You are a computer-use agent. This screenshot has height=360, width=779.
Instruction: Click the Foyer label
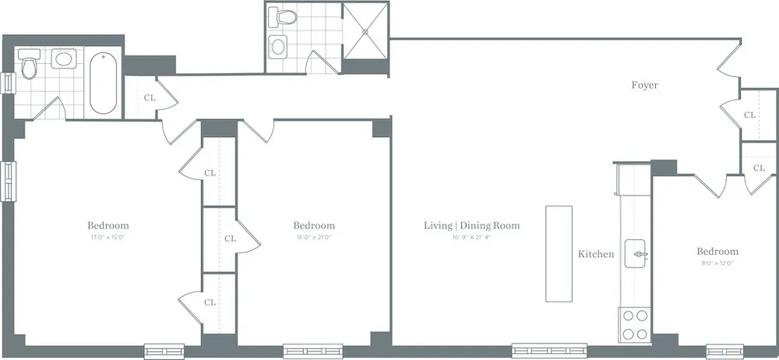pyautogui.click(x=644, y=86)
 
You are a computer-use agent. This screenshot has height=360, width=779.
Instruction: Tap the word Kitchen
pyautogui.click(x=596, y=254)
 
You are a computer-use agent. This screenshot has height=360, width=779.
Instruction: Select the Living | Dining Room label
pyautogui.click(x=471, y=226)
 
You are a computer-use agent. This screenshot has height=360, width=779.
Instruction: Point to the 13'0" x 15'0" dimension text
pyautogui.click(x=108, y=237)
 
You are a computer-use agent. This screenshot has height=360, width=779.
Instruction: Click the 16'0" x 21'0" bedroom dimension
pyautogui.click(x=315, y=237)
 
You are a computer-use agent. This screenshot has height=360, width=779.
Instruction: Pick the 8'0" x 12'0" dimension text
pyautogui.click(x=717, y=263)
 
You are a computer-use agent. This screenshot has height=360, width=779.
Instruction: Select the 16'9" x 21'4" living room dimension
pyautogui.click(x=471, y=237)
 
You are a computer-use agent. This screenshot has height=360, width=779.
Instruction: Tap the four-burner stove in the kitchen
pyautogui.click(x=635, y=324)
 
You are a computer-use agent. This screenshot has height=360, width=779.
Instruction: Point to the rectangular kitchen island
pyautogui.click(x=558, y=254)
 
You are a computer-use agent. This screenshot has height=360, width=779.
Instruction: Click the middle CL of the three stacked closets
pyautogui.click(x=230, y=238)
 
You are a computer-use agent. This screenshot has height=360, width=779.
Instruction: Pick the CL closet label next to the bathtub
pyautogui.click(x=150, y=98)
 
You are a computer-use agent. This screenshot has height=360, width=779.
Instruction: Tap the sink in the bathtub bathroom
pyautogui.click(x=62, y=58)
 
